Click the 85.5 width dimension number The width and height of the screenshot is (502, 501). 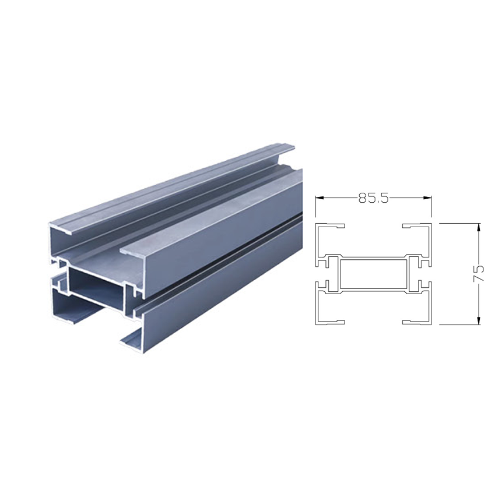point(373,198)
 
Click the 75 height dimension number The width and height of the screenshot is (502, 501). point(478,273)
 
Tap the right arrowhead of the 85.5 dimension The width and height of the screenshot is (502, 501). point(427,198)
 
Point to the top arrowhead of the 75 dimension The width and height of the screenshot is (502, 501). point(479,227)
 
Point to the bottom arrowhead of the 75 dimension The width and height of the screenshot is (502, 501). point(479,320)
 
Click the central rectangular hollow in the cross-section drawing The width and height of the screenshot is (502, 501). point(373,274)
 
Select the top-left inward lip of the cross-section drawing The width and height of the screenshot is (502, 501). point(335,226)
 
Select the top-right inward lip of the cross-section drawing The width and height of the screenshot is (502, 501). point(412,226)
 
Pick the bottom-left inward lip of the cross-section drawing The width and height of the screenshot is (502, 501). point(335,322)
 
